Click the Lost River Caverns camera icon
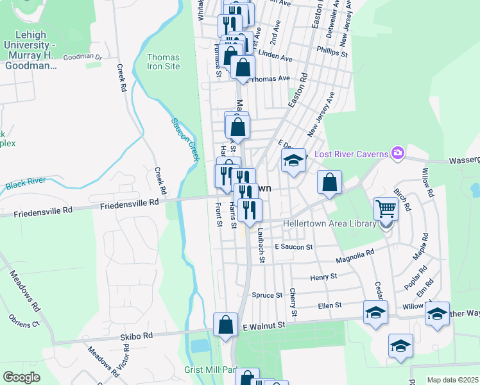(x=398, y=153)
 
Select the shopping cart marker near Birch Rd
(x=386, y=208)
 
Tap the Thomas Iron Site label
(x=163, y=62)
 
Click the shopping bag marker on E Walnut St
(x=226, y=325)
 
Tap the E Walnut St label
(x=264, y=326)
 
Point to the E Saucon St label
(x=293, y=246)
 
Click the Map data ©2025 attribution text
(x=452, y=380)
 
